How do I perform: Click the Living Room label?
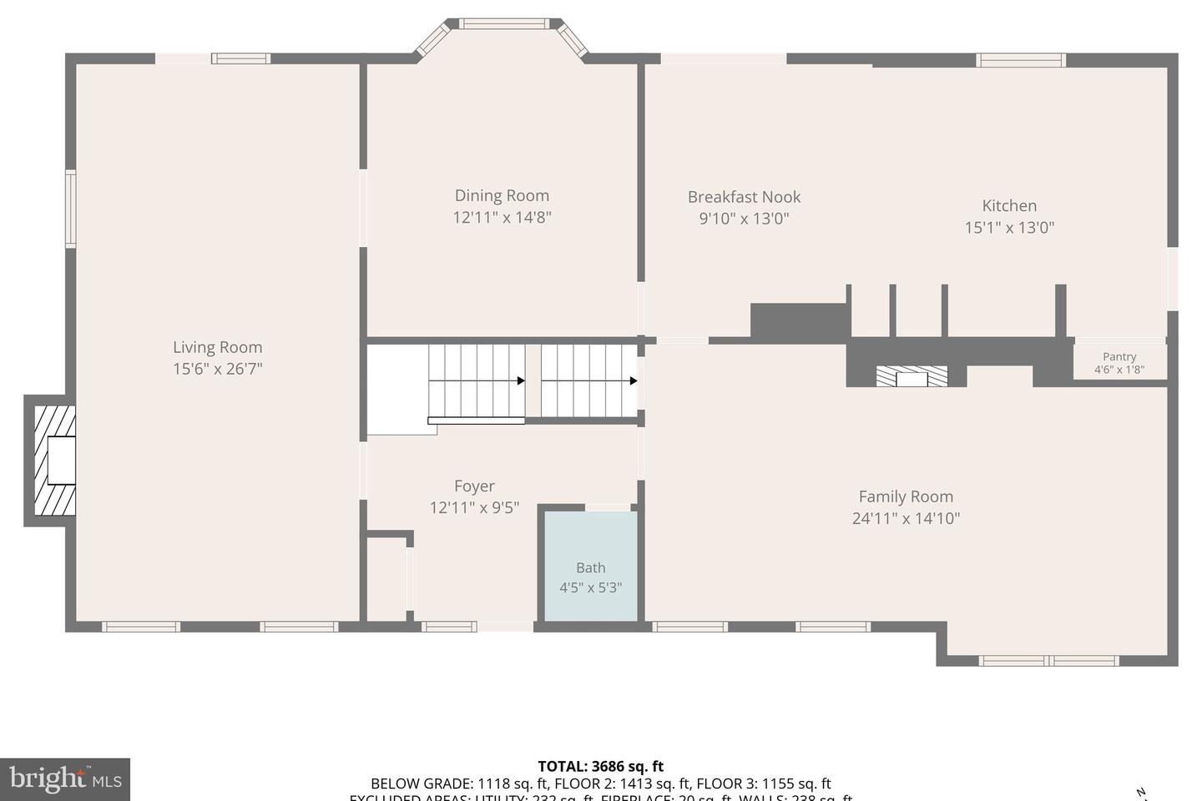pos(217,347)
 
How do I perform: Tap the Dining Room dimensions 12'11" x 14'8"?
pos(502,218)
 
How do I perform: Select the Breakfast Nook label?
pos(744,197)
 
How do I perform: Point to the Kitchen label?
pos(1009,205)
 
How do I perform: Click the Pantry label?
pos(1119,356)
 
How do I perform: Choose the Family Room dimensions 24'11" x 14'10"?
pos(906,518)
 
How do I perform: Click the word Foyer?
pos(474,486)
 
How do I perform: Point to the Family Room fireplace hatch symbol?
pos(912,376)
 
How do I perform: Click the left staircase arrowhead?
pos(521,380)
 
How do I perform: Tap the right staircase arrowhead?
pos(634,380)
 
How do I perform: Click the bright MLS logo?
pos(65,780)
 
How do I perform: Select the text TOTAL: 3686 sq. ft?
pos(600,766)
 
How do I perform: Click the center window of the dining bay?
pos(504,23)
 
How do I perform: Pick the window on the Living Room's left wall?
pos(71,209)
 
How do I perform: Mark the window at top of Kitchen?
pos(1021,59)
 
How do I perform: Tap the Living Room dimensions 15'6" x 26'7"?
pos(217,369)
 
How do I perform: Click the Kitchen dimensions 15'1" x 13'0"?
pos(1009,227)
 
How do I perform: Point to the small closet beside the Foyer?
pos(386,577)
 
